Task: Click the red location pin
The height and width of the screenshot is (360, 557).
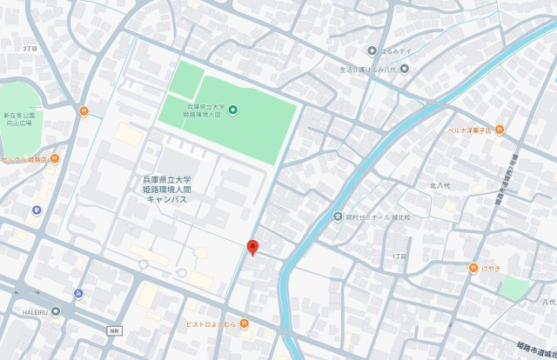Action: click(252, 247)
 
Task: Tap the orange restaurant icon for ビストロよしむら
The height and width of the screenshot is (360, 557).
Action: click(245, 324)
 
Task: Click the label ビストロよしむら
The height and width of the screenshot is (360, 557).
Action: click(211, 324)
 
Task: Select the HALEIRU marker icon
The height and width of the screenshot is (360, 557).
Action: click(57, 310)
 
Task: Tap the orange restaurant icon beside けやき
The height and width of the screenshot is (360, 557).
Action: click(473, 268)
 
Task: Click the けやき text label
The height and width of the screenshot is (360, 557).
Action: click(490, 268)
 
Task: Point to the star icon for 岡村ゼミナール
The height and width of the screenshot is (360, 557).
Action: click(337, 217)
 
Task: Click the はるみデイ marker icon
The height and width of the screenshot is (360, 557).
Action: click(372, 50)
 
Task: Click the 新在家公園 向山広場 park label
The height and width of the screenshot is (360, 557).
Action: click(17, 119)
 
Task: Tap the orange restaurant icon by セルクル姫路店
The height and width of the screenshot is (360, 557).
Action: click(54, 159)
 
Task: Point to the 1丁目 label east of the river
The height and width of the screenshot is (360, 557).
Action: click(399, 257)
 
